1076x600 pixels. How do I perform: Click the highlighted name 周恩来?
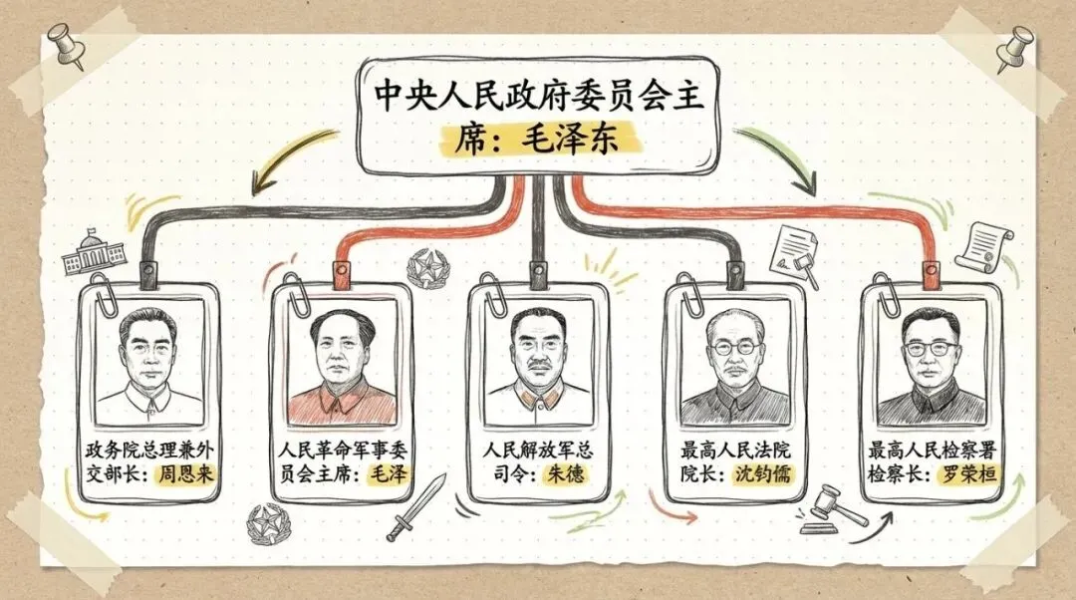coord(186,473)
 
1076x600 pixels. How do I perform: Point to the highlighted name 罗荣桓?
coord(968,473)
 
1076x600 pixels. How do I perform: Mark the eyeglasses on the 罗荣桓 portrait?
coord(932,349)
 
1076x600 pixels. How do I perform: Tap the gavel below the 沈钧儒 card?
coord(834,505)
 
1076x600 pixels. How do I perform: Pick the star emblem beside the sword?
coord(267,522)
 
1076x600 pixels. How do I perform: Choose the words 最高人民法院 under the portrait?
coord(735,450)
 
